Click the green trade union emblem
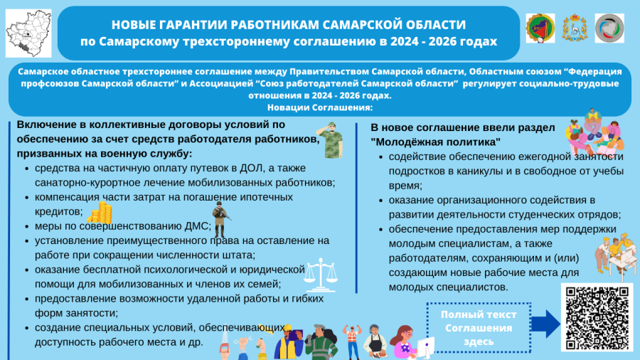(x=540, y=29)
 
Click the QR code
(x=596, y=318)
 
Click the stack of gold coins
(x=105, y=212)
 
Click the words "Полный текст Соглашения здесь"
(x=478, y=328)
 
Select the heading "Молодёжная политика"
(x=436, y=142)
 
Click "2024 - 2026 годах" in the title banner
(x=442, y=41)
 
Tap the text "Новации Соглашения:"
(x=321, y=107)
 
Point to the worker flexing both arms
(x=348, y=339)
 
